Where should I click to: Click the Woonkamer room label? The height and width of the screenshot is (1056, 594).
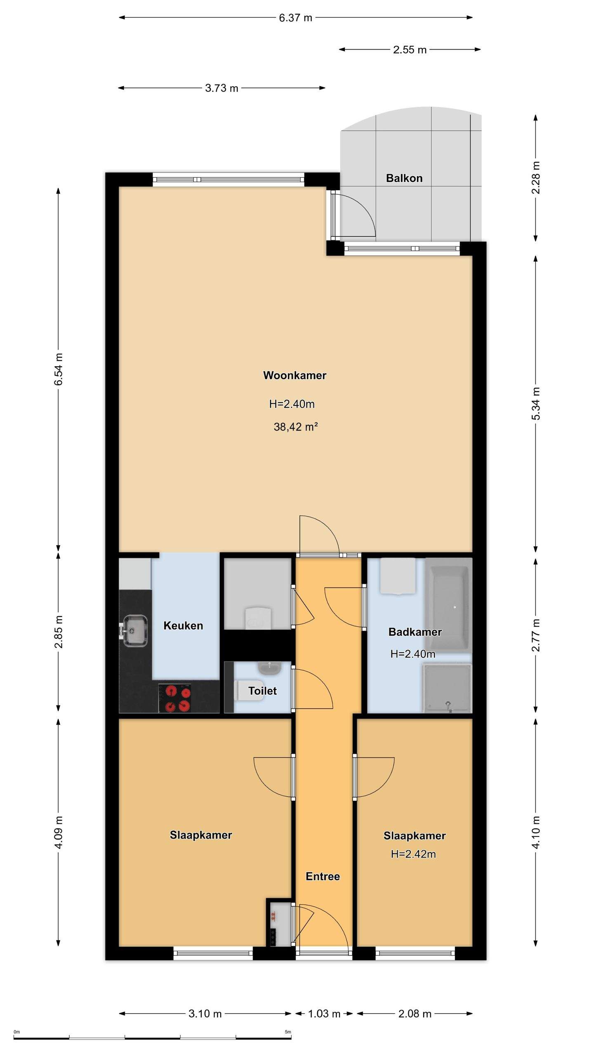pos(295,375)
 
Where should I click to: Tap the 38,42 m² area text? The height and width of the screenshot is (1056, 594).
pos(295,427)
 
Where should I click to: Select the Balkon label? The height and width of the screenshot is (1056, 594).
pos(404,178)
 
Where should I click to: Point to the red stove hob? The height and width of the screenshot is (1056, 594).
pos(178,698)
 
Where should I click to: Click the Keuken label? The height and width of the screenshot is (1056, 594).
pos(183,626)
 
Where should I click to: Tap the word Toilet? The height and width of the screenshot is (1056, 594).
pos(262,691)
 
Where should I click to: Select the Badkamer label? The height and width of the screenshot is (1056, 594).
pos(415,632)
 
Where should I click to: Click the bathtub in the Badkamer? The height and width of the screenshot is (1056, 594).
pos(448,606)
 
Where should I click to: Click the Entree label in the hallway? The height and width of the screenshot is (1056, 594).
pos(323,877)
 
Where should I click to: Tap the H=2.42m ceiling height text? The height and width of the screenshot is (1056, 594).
pos(413,854)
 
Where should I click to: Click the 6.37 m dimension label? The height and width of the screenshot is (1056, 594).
pos(295,18)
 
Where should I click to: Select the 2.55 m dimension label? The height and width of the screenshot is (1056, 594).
pos(410,50)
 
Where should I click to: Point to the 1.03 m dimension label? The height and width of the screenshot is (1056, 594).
pos(324,1014)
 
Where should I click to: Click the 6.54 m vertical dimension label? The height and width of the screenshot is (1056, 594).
pos(59,369)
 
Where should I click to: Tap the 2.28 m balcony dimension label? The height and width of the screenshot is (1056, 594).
pos(535,177)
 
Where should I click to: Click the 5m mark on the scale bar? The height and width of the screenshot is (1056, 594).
pos(288,1032)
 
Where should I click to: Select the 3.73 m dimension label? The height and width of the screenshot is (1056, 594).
pos(222,88)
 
